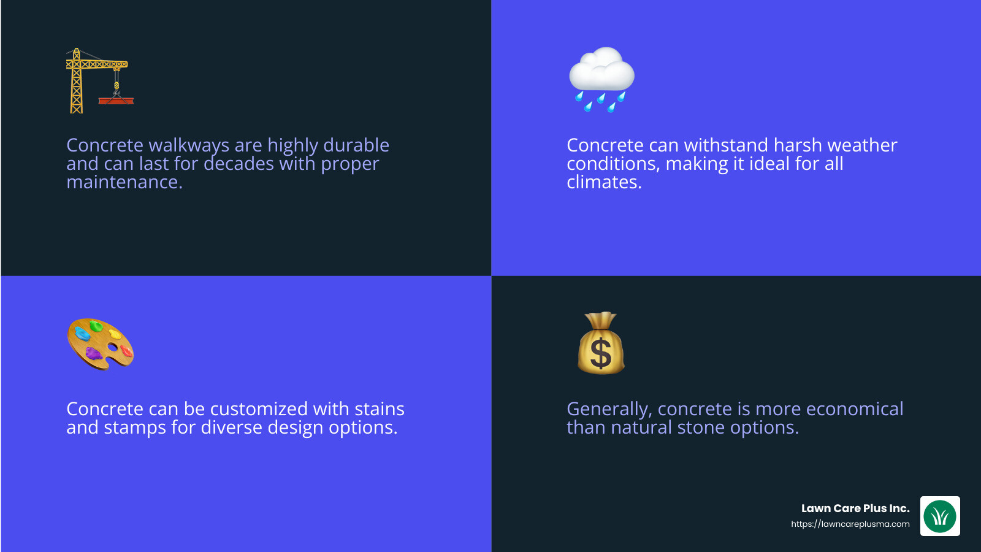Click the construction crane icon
click(98, 80)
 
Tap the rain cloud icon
click(601, 79)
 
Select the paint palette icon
click(100, 343)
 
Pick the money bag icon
click(601, 343)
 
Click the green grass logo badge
click(940, 516)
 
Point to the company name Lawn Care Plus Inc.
click(855, 508)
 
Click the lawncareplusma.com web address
click(850, 524)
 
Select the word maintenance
click(124, 182)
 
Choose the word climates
click(604, 182)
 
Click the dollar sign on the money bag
click(600, 354)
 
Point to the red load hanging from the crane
click(116, 100)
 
